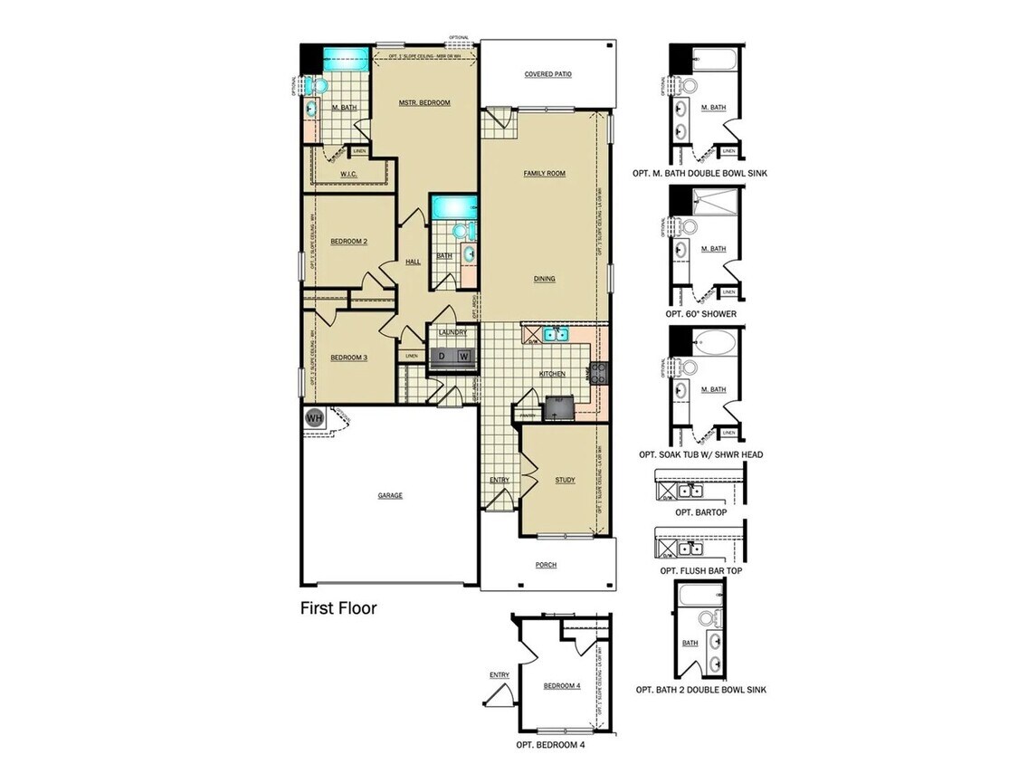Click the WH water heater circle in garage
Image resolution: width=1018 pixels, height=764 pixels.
[314, 417]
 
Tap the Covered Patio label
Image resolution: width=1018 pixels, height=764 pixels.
[548, 74]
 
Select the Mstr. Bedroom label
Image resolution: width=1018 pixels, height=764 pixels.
[424, 102]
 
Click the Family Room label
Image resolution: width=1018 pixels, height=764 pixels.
[544, 173]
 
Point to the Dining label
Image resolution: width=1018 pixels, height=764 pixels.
[544, 279]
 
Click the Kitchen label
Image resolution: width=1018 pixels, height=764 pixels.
[552, 373]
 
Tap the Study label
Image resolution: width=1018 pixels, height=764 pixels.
[565, 480]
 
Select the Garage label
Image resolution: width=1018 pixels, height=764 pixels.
[390, 495]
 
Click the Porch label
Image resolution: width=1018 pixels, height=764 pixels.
[546, 564]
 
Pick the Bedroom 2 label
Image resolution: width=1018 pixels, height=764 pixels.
[348, 241]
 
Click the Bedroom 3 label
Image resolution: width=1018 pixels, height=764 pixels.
[348, 358]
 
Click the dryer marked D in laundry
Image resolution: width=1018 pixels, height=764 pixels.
[442, 357]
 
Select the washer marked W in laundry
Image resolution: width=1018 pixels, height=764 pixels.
[463, 357]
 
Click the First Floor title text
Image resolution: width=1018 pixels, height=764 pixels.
[338, 607]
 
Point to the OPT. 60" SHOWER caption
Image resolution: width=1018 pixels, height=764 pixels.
[700, 314]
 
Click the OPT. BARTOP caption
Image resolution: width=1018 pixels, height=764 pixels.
[697, 511]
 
